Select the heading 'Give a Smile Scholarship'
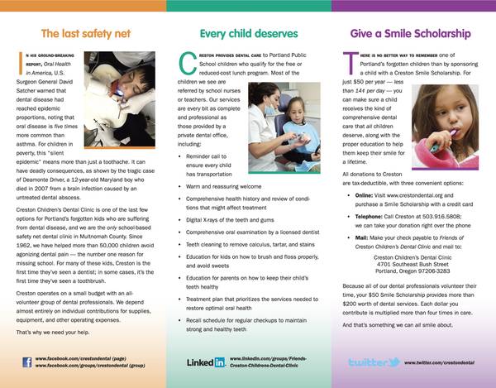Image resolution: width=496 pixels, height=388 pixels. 411,35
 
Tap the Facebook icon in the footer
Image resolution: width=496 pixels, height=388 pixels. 27,362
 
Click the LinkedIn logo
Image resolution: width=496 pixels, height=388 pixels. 206,362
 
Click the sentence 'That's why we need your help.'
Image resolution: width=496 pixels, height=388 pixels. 55,330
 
